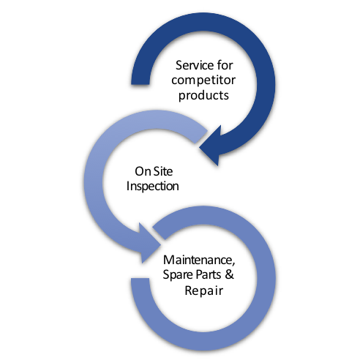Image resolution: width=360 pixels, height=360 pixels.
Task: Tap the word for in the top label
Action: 225,65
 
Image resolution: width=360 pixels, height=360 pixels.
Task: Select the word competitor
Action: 203,80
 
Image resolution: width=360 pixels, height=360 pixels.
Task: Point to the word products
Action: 203,95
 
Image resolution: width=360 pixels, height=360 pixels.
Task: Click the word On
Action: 142,171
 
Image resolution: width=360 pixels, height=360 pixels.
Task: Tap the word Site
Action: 163,171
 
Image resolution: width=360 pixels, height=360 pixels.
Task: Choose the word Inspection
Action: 153,187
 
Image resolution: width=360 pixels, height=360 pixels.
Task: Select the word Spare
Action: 179,275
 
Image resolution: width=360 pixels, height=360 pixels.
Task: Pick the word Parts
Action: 209,274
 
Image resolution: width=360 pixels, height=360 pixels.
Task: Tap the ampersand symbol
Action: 229,274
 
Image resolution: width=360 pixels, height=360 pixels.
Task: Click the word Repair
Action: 204,291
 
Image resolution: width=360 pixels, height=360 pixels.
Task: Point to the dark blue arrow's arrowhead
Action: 211,146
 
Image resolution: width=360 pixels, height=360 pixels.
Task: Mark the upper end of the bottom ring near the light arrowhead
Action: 160,233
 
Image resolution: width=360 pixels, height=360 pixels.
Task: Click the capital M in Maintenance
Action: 168,260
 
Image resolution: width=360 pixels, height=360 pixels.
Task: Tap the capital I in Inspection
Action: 128,186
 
